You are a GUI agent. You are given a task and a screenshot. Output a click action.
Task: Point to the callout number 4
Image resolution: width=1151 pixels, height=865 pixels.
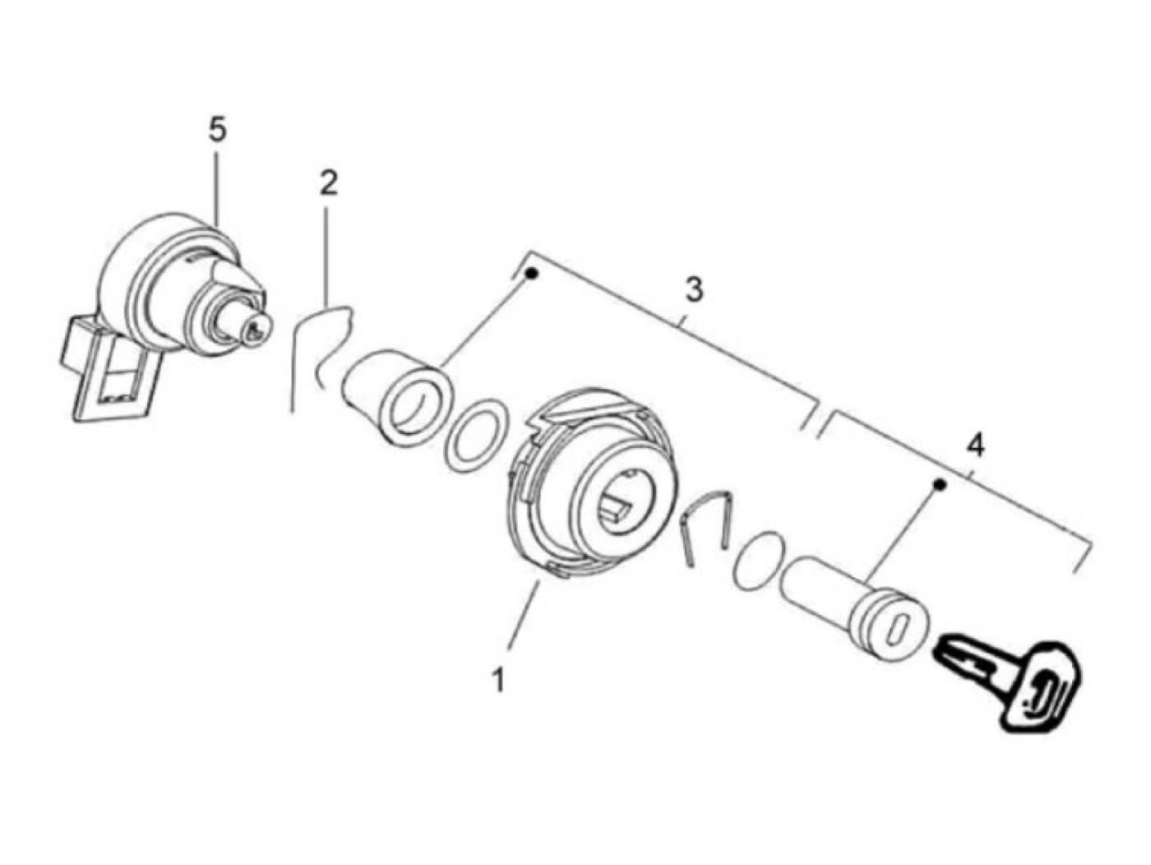[x=975, y=446]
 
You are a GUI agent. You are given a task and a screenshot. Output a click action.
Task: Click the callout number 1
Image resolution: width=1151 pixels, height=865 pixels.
[x=498, y=679]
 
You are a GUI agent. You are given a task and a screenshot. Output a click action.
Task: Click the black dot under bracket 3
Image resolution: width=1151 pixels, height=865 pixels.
[x=532, y=273]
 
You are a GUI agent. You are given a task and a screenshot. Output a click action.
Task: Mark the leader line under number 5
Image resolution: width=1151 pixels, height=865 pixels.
[x=217, y=188]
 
